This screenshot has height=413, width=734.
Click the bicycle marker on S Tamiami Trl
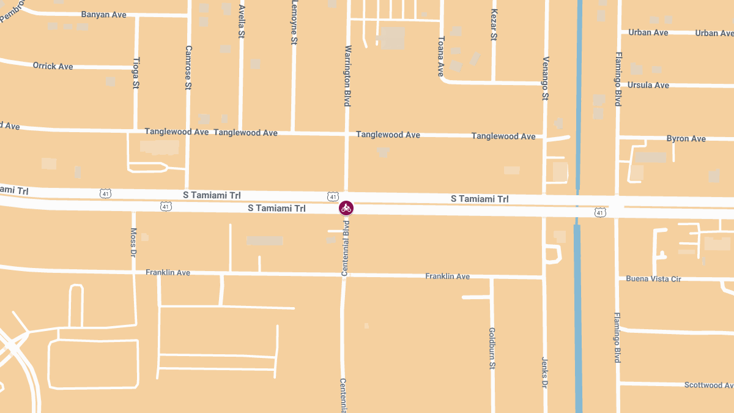346,208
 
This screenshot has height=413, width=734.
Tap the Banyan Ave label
103,14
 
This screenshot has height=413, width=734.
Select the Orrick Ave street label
53,66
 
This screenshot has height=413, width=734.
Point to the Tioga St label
136,73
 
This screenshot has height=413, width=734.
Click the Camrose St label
188,67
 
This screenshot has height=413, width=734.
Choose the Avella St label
242,22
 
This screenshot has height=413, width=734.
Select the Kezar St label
494,25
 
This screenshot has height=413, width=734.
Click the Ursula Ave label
648,85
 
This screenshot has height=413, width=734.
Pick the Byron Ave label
686,139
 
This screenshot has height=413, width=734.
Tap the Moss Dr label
133,242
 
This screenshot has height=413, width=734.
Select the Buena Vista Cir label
653,278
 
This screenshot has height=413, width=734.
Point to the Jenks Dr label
544,373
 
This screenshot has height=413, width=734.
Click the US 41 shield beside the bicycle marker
332,196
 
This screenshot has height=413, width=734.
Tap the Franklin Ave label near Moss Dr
168,272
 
